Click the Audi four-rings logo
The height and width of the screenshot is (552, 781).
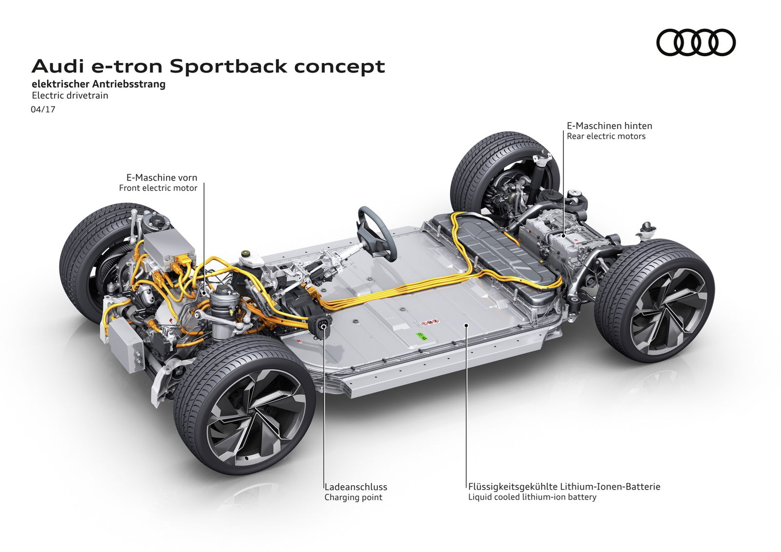point(696,42)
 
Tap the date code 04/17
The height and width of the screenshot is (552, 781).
point(43,109)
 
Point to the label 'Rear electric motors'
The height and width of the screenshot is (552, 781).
point(606,137)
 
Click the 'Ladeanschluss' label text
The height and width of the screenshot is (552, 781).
point(355,487)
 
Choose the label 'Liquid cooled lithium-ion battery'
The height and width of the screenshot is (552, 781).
point(532,497)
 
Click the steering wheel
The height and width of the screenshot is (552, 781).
point(376,233)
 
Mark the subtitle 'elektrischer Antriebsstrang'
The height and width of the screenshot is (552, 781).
point(99,84)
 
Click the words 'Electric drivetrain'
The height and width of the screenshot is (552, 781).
point(70,96)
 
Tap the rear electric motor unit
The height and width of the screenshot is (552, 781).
point(561,239)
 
